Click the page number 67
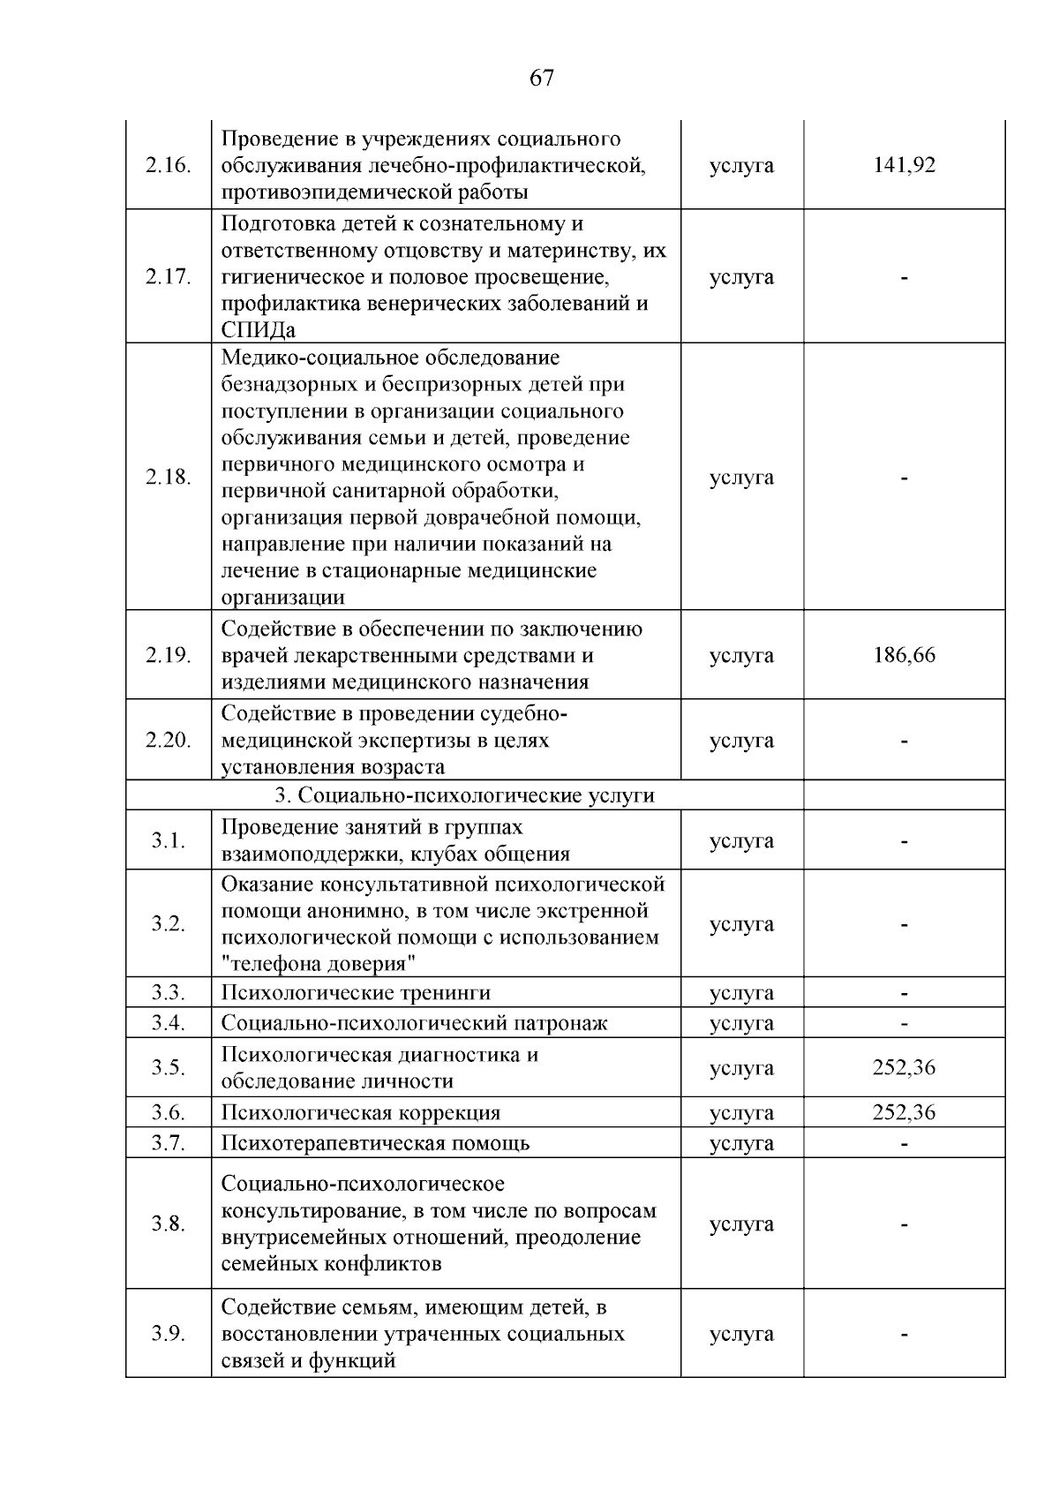pos(542,78)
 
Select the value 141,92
pos(904,165)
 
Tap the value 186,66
pos(904,655)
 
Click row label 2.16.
pos(168,166)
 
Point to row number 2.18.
pos(168,478)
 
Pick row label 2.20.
pos(168,741)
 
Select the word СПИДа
pos(258,330)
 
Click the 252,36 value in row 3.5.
pos(904,1067)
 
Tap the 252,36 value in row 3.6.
pos(904,1112)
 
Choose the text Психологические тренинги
pos(356,993)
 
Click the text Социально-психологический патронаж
pos(414,1023)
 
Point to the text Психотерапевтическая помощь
pos(375,1143)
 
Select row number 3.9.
pos(168,1334)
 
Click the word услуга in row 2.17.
pos(741,277)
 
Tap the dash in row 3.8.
pos(904,1224)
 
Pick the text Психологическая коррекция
pos(360,1112)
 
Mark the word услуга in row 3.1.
pos(741,840)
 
